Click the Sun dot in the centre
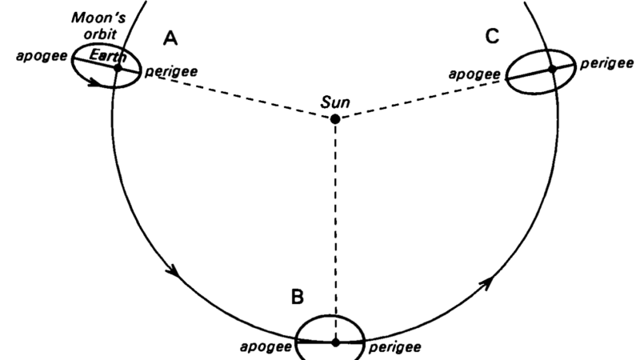335,119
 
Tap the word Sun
335,102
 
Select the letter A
170,38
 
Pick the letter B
298,297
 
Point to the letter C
492,36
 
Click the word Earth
107,55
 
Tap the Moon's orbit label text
99,26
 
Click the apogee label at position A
42,56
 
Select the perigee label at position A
171,71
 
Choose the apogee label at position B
266,347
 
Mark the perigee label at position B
394,347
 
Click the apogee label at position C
474,74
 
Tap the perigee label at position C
607,63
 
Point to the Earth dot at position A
118,68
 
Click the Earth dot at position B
335,342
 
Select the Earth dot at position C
552,70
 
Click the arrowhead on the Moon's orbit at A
94,82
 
